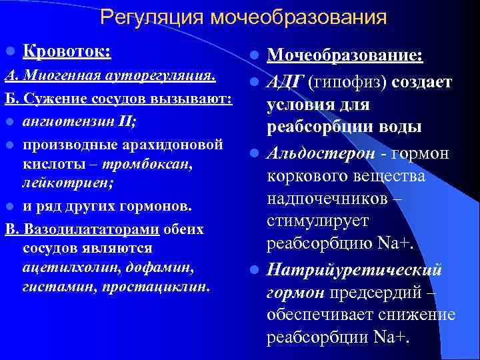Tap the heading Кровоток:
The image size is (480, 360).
[67, 51]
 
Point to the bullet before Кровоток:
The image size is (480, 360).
[9, 52]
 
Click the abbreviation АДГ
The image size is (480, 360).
[285, 81]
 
